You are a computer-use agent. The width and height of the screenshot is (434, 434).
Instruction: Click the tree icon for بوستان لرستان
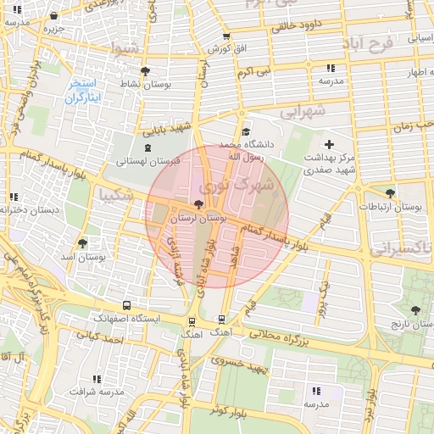(198, 204)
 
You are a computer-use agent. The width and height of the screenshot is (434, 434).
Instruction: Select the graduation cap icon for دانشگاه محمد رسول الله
(246, 131)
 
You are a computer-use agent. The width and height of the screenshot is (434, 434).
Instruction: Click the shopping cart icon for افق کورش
(225, 36)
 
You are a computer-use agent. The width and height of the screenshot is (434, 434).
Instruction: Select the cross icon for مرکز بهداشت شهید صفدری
(330, 144)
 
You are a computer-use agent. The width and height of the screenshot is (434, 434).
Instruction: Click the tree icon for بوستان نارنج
(415, 310)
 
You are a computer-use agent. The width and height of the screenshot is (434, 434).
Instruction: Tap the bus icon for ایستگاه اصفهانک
(126, 305)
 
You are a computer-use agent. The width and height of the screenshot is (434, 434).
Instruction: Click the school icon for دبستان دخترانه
(14, 197)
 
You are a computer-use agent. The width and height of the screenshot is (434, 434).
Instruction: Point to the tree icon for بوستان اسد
(81, 242)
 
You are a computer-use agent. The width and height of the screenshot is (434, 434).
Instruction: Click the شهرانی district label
(303, 110)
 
